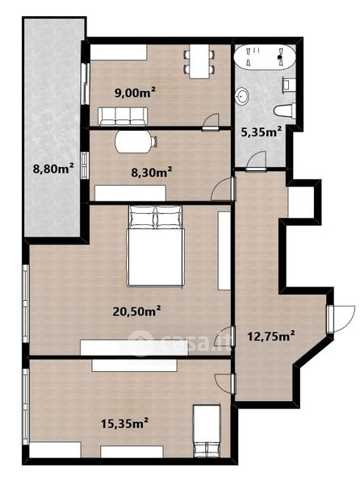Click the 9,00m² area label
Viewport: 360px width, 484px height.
[135, 92]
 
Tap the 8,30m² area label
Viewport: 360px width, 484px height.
[152, 172]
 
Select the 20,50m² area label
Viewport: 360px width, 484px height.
[136, 311]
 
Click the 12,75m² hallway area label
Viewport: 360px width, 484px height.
[270, 336]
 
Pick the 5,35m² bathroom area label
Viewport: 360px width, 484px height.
[261, 132]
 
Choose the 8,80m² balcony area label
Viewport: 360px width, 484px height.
[53, 169]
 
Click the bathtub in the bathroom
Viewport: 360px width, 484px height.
[264, 56]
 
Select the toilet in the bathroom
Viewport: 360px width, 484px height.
[284, 111]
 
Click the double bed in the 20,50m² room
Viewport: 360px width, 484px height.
[155, 246]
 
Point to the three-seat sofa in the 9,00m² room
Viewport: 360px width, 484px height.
[123, 116]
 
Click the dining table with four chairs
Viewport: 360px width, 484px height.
[199, 62]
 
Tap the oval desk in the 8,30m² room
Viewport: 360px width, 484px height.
[135, 142]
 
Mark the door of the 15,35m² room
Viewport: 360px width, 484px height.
[224, 383]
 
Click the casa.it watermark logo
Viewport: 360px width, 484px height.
[179, 343]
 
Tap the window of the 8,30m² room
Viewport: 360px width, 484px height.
[85, 165]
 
